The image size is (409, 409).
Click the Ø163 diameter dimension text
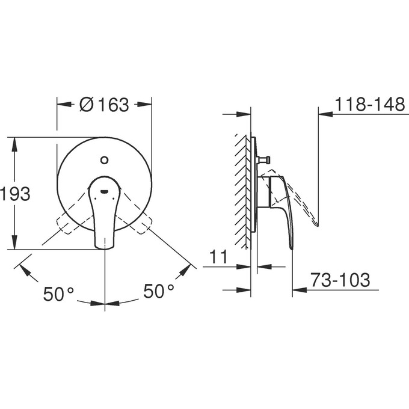(x=104, y=105)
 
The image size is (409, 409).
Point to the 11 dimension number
(x=219, y=257)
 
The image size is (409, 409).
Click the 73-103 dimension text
(x=340, y=280)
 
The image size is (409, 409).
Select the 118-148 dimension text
(x=369, y=104)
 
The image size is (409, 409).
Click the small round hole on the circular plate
(x=104, y=160)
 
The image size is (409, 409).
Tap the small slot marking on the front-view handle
(x=105, y=193)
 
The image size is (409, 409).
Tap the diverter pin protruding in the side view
(x=265, y=160)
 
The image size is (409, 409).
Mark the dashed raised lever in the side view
(x=304, y=204)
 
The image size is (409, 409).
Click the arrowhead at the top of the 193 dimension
(x=13, y=142)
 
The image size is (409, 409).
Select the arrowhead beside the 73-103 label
(x=298, y=290)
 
